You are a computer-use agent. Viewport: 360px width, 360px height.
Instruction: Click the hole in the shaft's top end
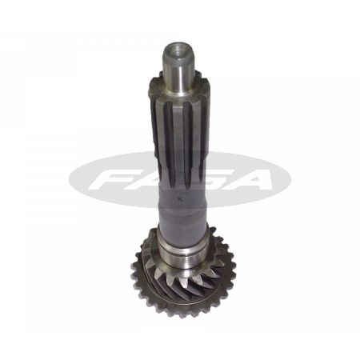178,51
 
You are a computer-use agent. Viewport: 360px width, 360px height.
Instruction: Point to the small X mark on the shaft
182,198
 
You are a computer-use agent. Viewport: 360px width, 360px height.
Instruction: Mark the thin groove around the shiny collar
182,251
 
